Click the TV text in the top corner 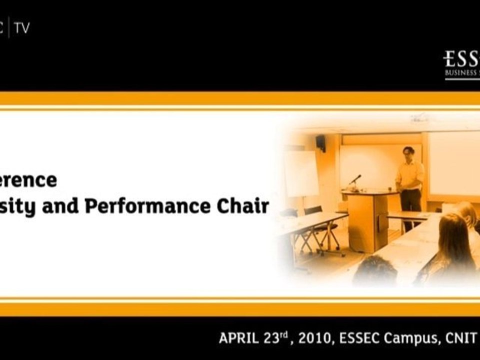(x=22, y=28)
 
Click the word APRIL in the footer (x=238, y=338)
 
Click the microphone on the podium (x=355, y=179)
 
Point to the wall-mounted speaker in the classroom (x=320, y=142)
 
